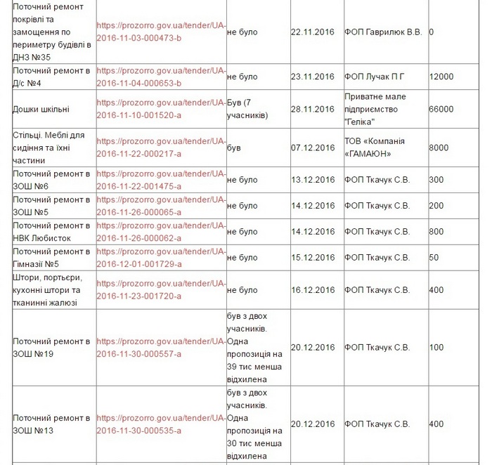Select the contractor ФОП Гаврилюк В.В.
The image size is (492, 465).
point(383,32)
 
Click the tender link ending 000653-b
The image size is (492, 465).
point(160,77)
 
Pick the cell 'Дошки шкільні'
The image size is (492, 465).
point(41,109)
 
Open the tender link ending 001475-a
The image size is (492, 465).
point(160,180)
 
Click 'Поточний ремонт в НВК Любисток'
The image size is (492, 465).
point(51,232)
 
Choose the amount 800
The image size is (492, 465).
point(436,232)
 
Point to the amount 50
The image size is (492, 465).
point(434,258)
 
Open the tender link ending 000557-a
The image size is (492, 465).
point(160,348)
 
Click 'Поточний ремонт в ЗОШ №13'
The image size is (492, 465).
point(51,424)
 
